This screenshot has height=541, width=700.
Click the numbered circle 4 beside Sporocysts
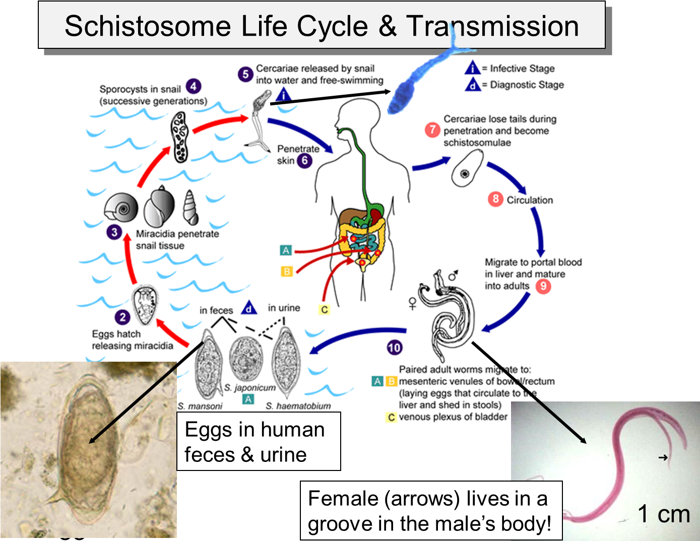(194, 87)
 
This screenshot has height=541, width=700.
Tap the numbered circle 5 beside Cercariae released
(245, 75)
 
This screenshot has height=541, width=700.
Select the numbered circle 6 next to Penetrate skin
(304, 161)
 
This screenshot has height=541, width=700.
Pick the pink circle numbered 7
(432, 130)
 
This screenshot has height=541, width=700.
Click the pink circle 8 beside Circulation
(495, 199)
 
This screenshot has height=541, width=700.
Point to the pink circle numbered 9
(543, 286)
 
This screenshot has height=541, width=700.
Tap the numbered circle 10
(395, 347)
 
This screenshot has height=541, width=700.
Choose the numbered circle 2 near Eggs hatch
(122, 317)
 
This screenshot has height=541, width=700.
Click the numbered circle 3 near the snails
(114, 232)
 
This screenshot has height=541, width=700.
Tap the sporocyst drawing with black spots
(179, 137)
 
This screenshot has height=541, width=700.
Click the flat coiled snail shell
(121, 208)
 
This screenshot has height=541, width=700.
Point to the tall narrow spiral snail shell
(190, 208)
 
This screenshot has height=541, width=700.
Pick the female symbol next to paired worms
(412, 303)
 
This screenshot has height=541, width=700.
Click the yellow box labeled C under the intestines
(325, 309)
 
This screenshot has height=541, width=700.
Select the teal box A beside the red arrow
(286, 250)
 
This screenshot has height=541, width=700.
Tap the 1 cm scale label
(663, 514)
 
